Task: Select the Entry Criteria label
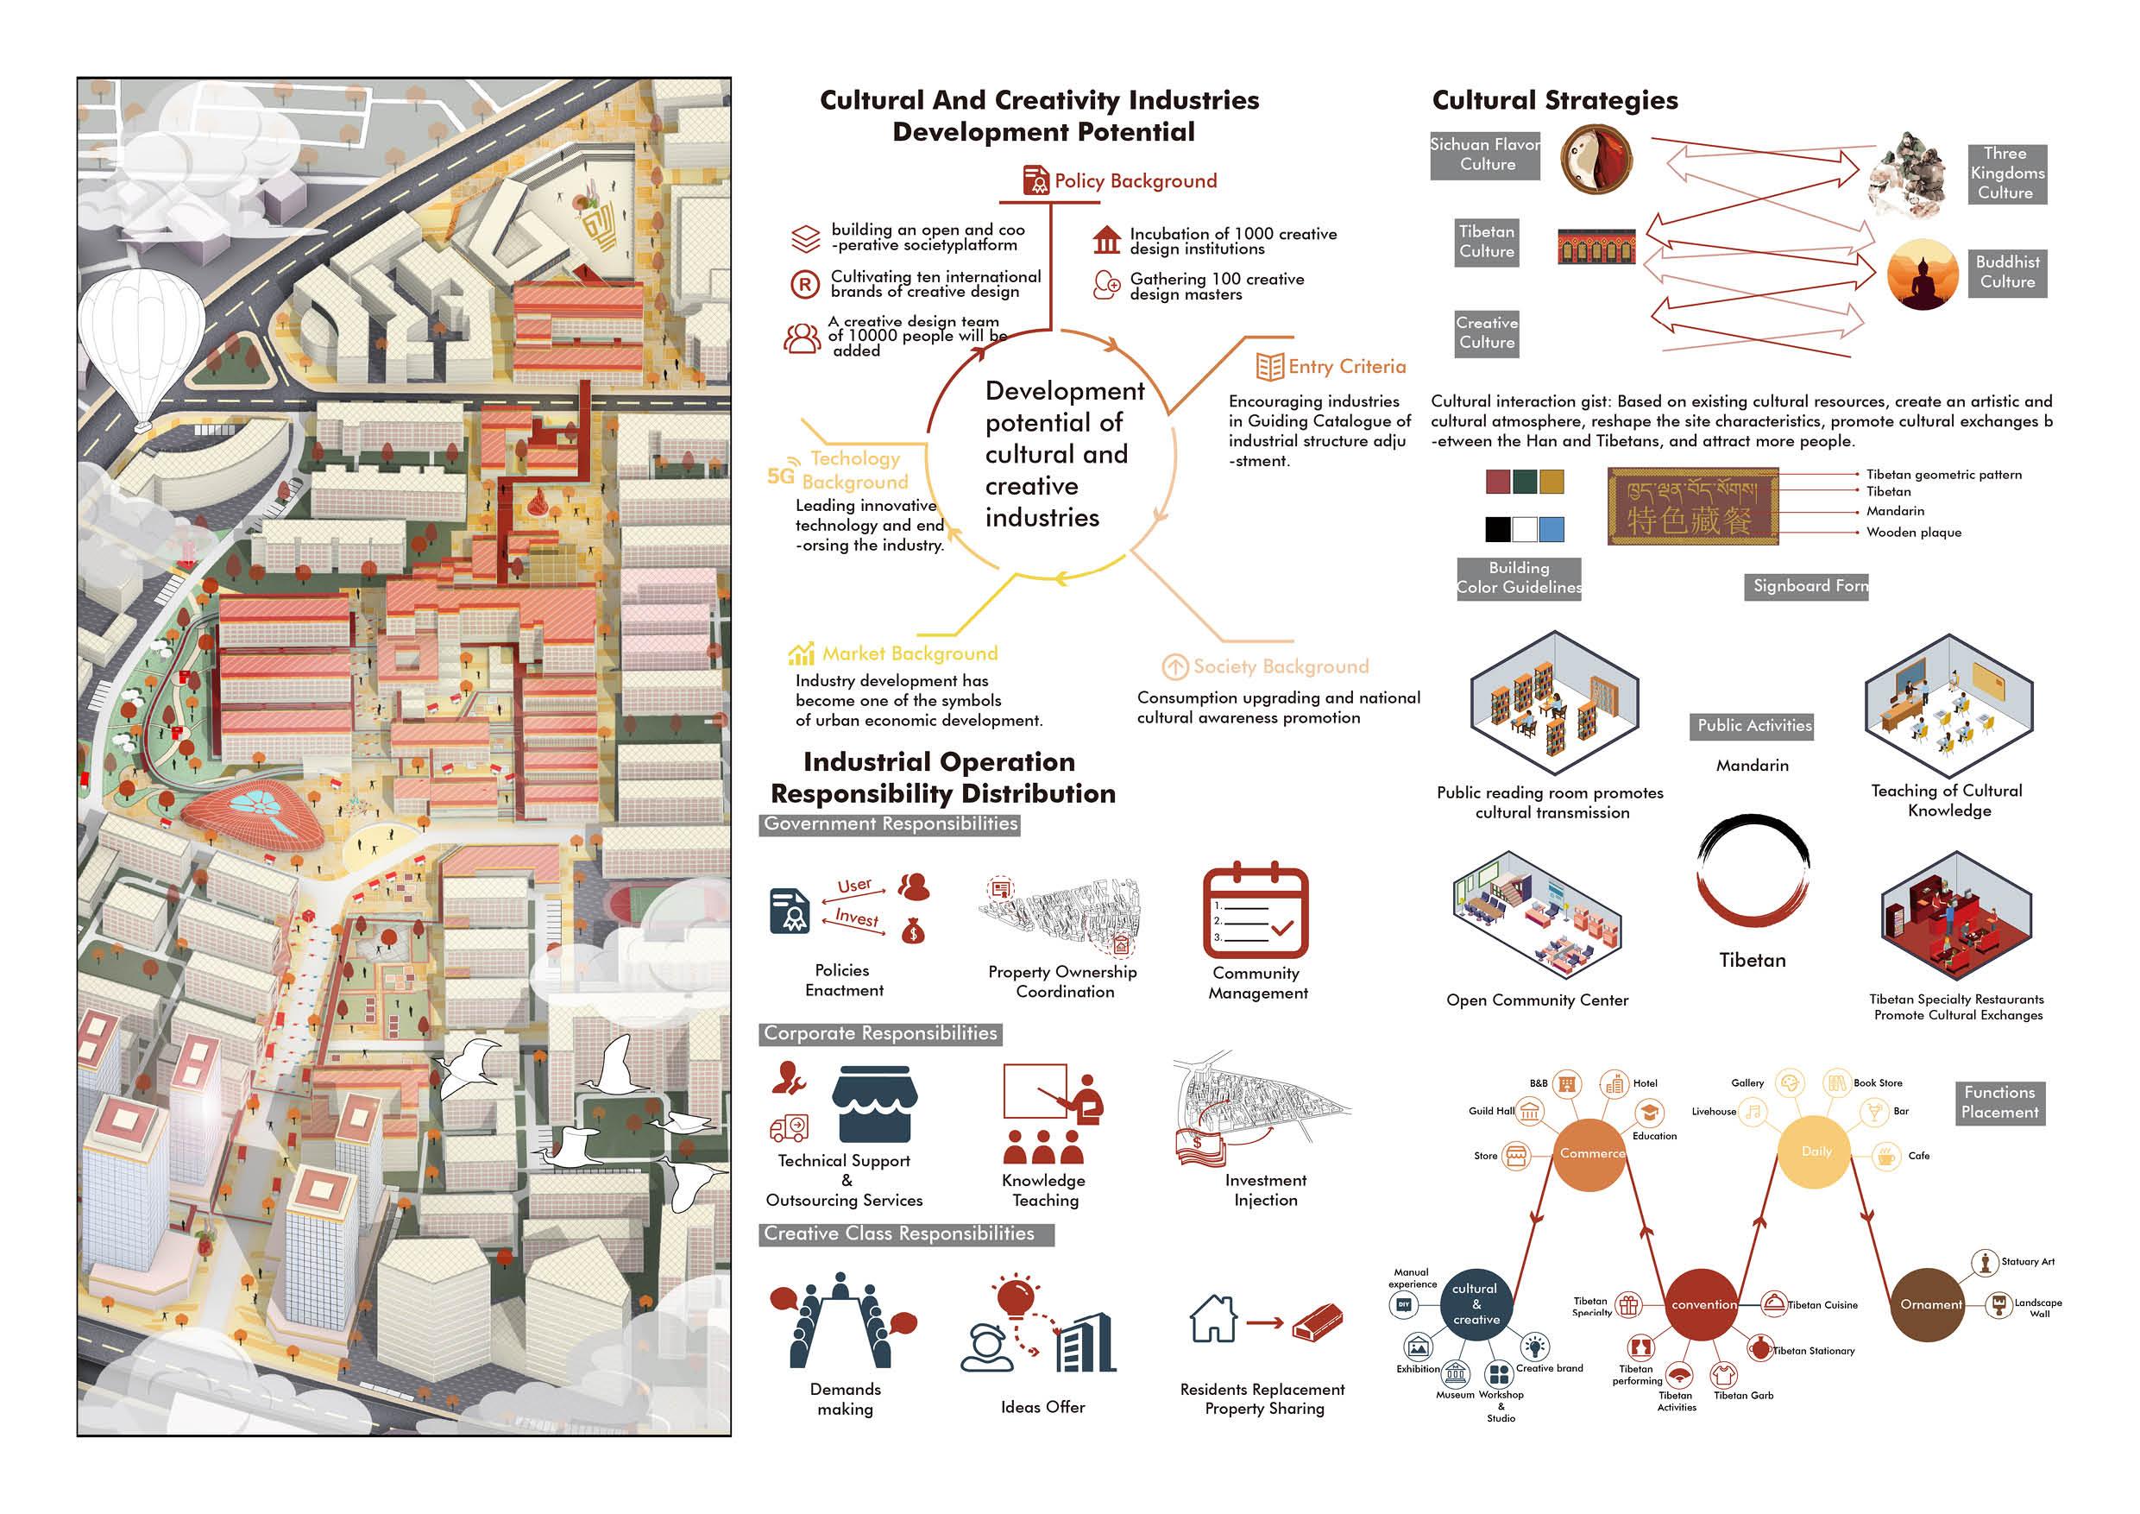(1346, 366)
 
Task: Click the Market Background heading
(909, 653)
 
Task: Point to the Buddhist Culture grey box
(2007, 272)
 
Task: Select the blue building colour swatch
(1551, 529)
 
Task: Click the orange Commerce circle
(1591, 1153)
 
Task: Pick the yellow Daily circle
(1815, 1152)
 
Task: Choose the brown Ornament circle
(1930, 1304)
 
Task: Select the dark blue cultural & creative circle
(1476, 1304)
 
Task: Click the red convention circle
(1703, 1304)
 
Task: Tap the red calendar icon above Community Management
(1256, 912)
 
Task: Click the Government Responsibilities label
(891, 824)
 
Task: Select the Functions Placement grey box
(1999, 1102)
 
